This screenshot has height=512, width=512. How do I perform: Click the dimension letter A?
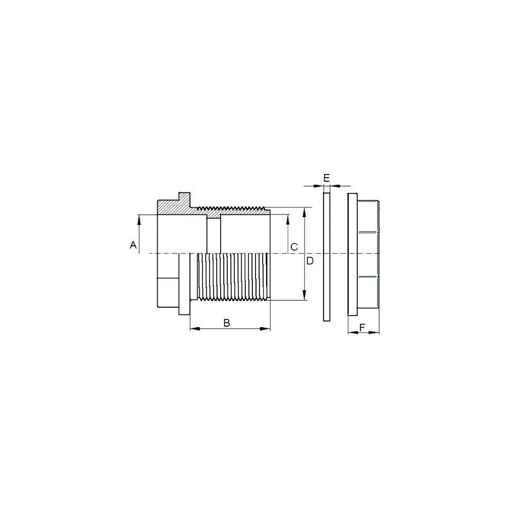133,245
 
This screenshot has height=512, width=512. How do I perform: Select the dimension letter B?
227,323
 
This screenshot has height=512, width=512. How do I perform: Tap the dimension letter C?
294,247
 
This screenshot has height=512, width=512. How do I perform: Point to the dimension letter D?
310,261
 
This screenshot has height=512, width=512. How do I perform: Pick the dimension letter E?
327,178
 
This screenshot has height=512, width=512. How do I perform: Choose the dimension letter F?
362,327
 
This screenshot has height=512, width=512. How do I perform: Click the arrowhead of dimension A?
139,220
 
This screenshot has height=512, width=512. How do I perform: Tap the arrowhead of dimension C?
288,220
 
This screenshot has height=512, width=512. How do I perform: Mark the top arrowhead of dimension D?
304,212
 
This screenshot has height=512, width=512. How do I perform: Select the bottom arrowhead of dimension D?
304,295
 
